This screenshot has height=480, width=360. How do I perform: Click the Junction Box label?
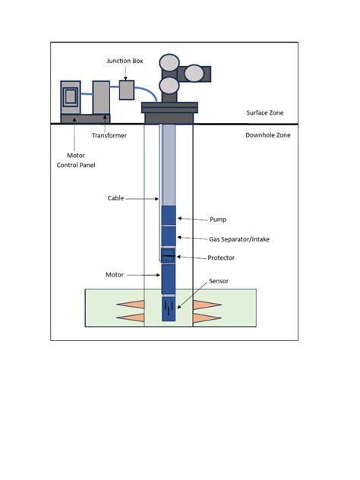click(x=125, y=61)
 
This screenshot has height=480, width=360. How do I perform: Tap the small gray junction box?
click(x=126, y=90)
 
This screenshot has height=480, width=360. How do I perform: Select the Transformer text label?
click(x=109, y=135)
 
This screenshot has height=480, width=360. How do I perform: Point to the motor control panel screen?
click(x=70, y=96)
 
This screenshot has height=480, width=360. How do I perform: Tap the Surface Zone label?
click(x=267, y=113)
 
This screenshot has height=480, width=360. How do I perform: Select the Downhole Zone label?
click(x=267, y=135)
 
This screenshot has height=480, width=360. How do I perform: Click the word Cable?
click(x=116, y=198)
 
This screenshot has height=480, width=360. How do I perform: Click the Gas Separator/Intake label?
click(x=239, y=239)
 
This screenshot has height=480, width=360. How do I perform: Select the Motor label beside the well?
click(x=115, y=273)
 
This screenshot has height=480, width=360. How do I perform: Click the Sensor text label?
click(x=217, y=281)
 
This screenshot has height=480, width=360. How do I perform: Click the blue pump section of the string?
click(x=169, y=215)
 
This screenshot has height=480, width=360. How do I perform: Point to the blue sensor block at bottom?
click(x=169, y=310)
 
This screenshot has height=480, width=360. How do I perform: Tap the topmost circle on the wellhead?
click(x=168, y=63)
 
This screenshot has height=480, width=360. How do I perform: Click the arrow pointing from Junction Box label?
click(x=126, y=72)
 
